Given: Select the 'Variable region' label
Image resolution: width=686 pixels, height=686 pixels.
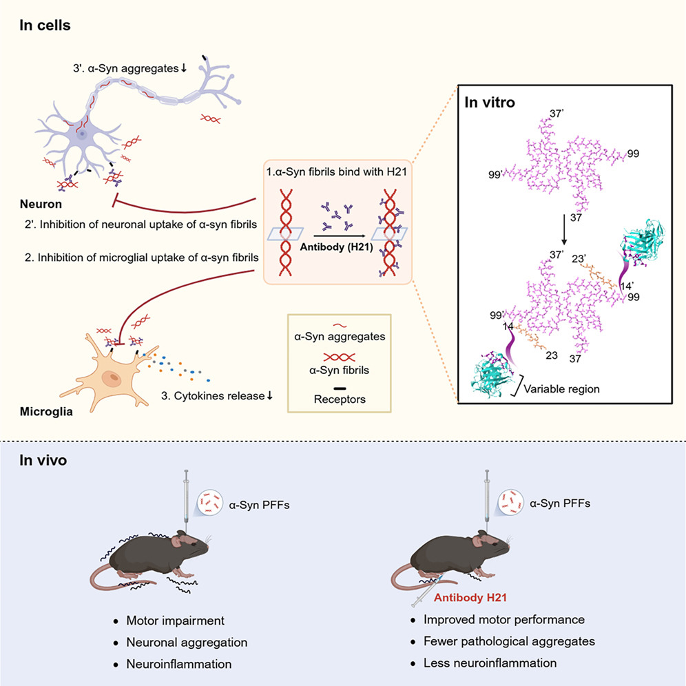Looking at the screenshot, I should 562,389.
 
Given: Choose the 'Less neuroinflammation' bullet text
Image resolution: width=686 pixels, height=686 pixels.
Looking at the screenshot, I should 490,663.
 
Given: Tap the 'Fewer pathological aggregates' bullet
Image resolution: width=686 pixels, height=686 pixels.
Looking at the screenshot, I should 509,641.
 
